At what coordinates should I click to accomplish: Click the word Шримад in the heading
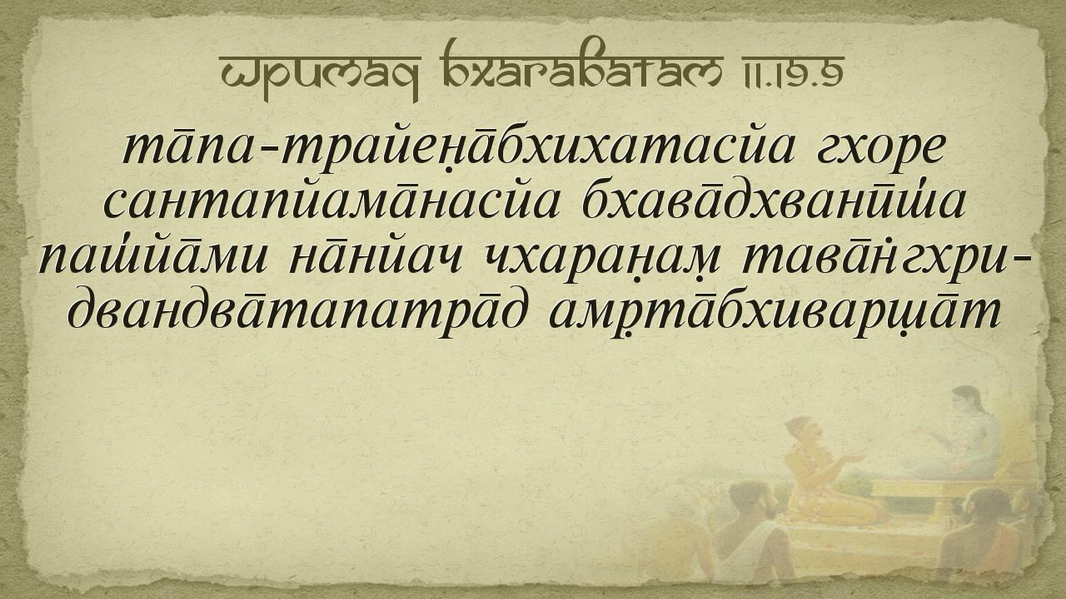pos(319,72)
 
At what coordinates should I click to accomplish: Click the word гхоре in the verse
pos(879,151)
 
